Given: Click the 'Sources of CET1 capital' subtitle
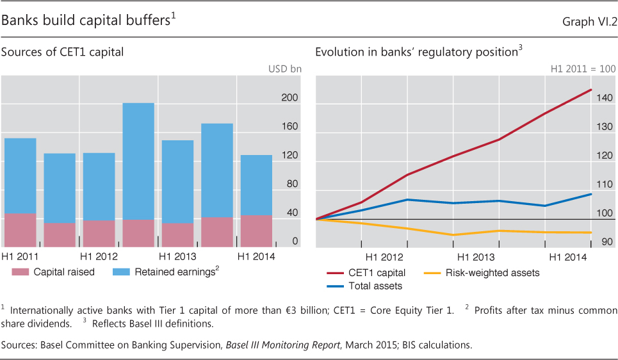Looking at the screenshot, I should [62, 53].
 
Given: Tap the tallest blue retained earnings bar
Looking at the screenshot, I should [138, 160].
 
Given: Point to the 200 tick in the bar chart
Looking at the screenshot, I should [291, 98].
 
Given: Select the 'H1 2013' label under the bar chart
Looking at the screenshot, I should [178, 257].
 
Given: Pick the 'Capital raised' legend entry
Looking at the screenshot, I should [64, 272].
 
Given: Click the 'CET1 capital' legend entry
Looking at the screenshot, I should [378, 273].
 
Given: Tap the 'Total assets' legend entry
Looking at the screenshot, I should [375, 286].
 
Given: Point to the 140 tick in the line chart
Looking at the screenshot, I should [607, 98].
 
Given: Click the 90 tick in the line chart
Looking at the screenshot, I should [607, 242].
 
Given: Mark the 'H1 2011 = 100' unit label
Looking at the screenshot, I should [583, 69].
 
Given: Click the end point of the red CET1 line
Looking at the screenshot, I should [591, 90].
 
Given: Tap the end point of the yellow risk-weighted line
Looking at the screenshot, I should [591, 233].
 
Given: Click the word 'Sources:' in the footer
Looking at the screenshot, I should [19, 345].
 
